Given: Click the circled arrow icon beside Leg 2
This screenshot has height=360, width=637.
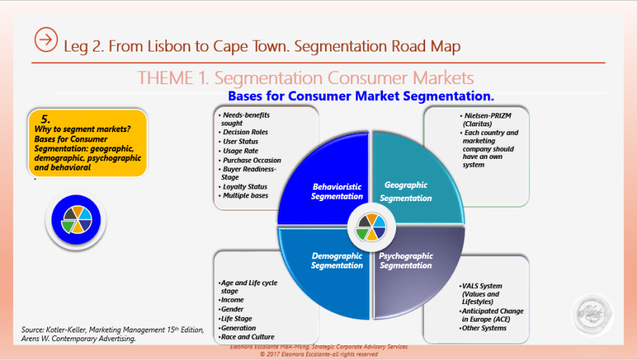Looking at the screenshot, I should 46,40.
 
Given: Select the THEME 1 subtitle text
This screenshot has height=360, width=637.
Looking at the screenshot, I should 305,78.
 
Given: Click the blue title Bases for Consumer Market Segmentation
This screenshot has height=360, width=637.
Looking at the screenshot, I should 361,96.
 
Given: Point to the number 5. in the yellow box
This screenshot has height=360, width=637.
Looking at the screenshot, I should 45,118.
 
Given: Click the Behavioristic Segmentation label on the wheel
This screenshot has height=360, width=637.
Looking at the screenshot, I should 337,191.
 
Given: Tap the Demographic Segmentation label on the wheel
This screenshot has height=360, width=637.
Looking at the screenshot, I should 337,261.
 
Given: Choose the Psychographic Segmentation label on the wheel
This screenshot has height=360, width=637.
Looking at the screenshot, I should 406,261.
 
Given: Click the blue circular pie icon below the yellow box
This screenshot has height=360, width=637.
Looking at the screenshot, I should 76,220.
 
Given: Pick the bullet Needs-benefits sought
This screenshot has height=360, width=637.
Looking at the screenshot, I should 247,119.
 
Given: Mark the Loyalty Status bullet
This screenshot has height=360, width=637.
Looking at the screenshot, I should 244,187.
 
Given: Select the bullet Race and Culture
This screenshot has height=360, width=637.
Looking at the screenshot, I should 247,337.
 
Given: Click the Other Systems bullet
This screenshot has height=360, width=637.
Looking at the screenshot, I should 483,328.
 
